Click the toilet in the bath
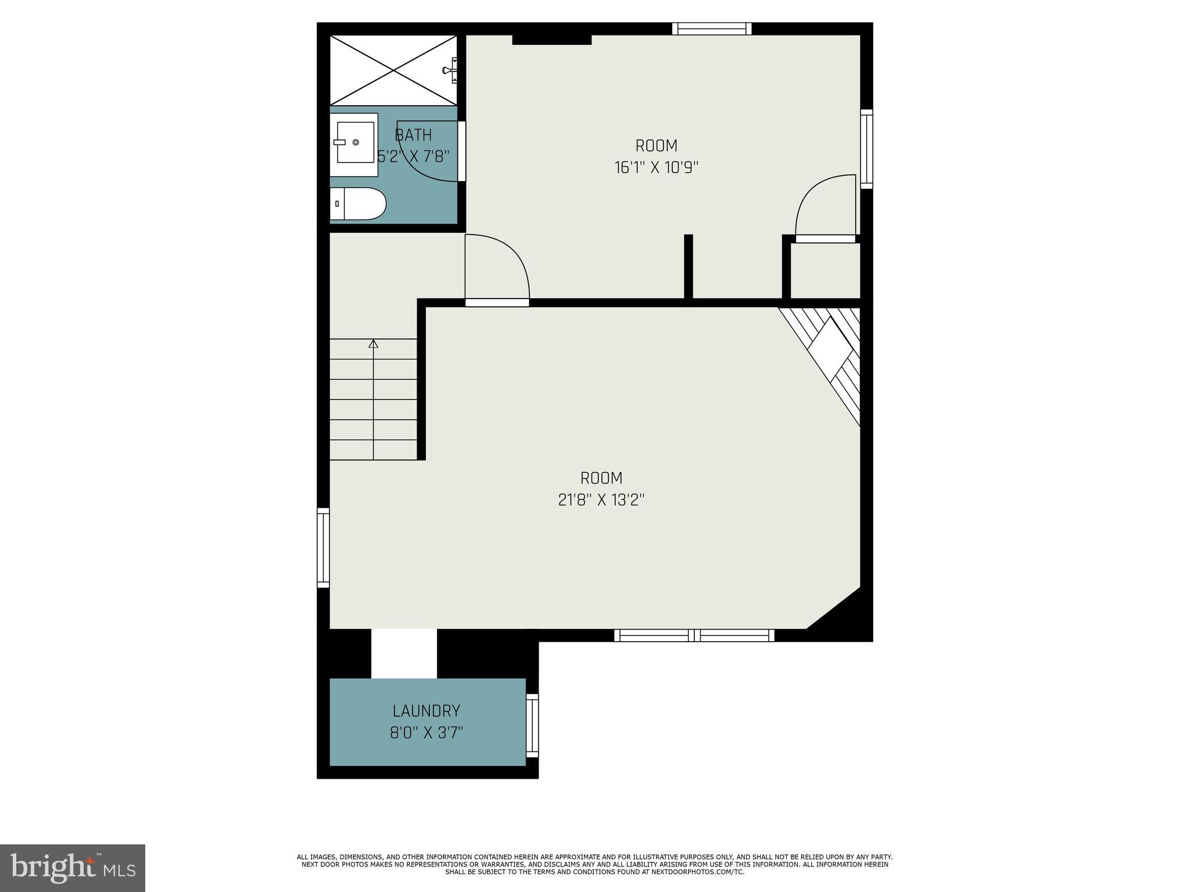[358, 204]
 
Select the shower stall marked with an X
[393, 70]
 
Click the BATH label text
[413, 135]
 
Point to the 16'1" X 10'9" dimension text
[656, 168]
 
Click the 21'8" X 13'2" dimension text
[601, 500]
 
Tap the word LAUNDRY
[426, 711]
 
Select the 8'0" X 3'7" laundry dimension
[426, 733]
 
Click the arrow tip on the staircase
[374, 344]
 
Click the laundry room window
[532, 726]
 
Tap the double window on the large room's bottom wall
[694, 635]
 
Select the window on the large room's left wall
[323, 548]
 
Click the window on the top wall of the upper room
[712, 28]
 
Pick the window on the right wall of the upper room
[866, 149]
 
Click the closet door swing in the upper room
[825, 206]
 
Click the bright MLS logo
[73, 868]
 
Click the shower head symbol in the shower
[450, 70]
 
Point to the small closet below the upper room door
[825, 271]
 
